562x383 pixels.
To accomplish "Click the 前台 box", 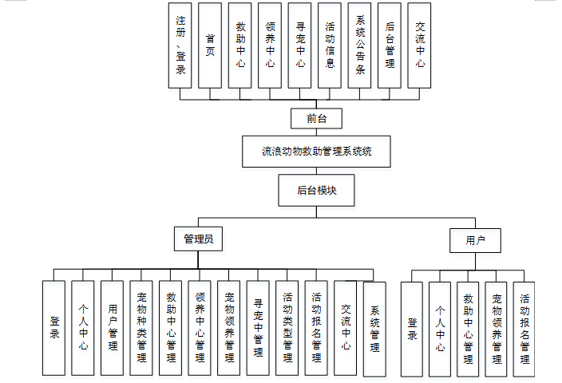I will click(317, 119).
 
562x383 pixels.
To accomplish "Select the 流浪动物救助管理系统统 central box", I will click(317, 151).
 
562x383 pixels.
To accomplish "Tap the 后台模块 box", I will click(317, 191).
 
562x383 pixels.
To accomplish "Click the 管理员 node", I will click(198, 238).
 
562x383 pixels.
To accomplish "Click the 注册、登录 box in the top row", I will click(181, 45).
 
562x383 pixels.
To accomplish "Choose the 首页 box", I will click(210, 45).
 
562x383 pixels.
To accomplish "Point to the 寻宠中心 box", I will click(300, 45).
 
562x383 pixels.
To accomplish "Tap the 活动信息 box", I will click(330, 45).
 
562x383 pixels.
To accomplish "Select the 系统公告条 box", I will click(360, 45).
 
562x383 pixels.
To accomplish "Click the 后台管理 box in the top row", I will click(389, 45).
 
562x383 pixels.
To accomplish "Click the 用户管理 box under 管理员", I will click(113, 328).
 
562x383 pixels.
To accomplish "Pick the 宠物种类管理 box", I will click(141, 328).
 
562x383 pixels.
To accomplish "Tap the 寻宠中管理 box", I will click(258, 328).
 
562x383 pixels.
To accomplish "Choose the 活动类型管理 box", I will click(287, 328).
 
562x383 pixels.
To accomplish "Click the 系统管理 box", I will click(374, 329).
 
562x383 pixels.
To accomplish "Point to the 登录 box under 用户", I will click(412, 329).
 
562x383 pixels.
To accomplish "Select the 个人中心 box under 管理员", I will click(83, 328).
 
